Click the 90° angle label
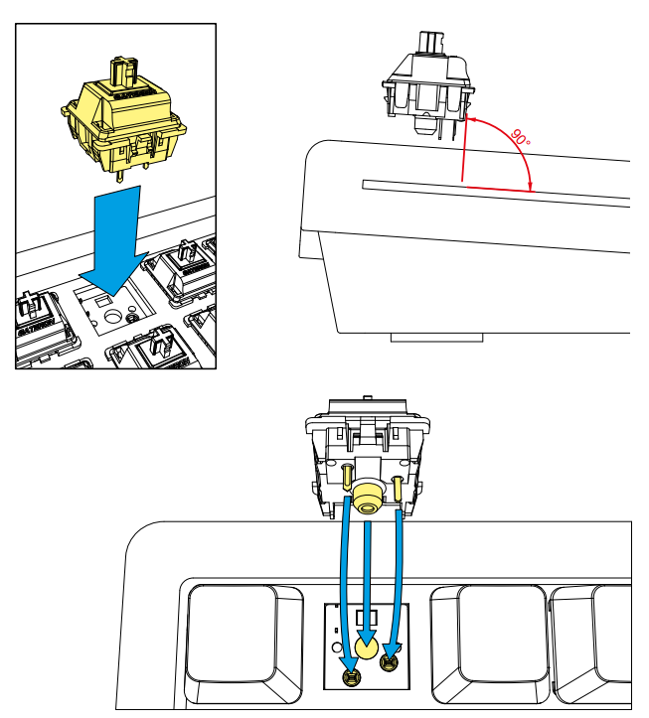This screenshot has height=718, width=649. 520,138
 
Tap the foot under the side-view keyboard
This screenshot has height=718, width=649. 436,338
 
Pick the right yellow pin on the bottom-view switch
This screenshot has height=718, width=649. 398,488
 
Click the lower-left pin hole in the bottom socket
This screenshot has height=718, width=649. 351,678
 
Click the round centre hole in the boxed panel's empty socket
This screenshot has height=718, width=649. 113,315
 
